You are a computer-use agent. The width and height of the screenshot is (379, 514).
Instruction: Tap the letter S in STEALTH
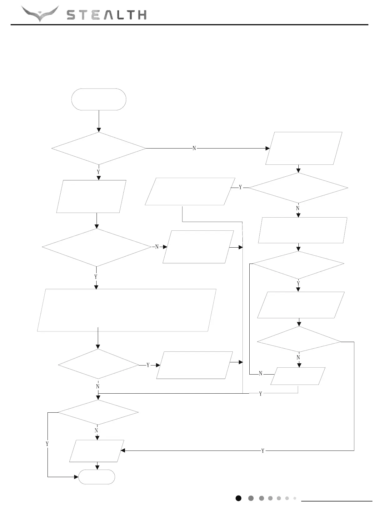pos(72,15)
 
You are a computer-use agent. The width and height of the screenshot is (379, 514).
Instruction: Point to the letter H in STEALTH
pos(142,15)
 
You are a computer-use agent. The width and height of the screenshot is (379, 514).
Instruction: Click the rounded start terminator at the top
pos(99,99)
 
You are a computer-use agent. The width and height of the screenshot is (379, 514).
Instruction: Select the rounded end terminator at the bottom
pos(97,477)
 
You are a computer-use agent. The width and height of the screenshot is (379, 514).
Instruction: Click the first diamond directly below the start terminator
pos(99,148)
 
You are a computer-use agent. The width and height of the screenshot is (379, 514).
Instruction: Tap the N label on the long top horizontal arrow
pos(194,148)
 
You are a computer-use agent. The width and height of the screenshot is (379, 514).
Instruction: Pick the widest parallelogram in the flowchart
pos(127,310)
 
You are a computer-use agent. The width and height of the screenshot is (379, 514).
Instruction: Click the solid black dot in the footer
pos(238,498)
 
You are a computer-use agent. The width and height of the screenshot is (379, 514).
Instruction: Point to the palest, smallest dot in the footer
pos(295,498)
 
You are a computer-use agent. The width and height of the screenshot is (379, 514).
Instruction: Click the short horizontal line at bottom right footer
pos(337,501)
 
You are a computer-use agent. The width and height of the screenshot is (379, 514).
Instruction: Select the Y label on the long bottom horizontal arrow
pos(263,451)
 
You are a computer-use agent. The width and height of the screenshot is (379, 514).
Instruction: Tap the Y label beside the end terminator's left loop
pos(47,444)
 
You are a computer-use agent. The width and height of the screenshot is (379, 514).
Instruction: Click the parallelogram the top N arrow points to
pos(304,148)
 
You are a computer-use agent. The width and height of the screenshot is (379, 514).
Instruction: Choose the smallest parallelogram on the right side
pos(298,376)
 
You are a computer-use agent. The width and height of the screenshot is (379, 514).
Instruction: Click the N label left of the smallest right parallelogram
pos(261,374)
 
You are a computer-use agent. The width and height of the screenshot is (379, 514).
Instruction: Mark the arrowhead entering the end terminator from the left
pos(76,477)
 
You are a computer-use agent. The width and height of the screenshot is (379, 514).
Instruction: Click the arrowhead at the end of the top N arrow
pos(268,148)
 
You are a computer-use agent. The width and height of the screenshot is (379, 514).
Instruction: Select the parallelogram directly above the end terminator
pos(97,451)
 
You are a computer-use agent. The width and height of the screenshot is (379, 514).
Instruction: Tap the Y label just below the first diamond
pos(98,172)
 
